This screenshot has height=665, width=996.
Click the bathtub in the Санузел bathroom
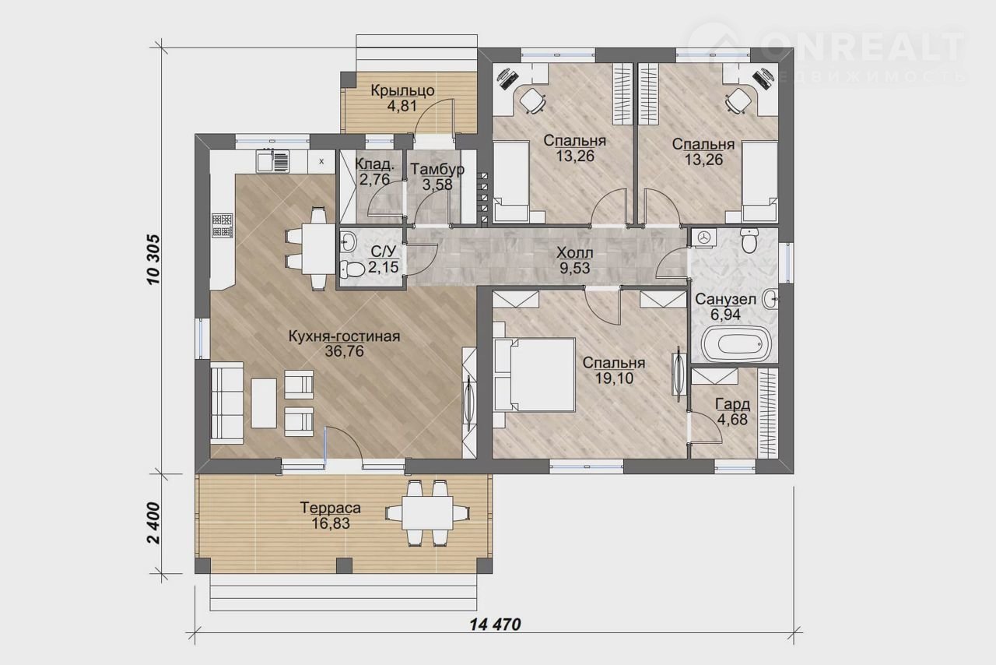[736, 345]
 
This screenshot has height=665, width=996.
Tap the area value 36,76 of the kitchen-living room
[344, 351]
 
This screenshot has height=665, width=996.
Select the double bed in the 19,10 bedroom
[535, 375]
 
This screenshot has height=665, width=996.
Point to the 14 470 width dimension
[496, 624]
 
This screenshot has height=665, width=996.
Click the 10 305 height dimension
[153, 259]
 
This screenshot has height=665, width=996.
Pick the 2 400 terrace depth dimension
[153, 523]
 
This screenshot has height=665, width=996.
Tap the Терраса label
[331, 508]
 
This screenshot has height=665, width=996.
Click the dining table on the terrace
[427, 513]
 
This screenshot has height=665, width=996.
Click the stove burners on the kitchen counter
[222, 225]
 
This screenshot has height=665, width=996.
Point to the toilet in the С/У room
[352, 269]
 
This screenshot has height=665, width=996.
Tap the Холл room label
[574, 253]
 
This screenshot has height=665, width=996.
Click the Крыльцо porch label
[402, 90]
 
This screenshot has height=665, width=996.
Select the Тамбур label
[437, 169]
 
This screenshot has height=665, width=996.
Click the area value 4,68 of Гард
[732, 419]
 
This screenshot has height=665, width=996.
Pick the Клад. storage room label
[375, 164]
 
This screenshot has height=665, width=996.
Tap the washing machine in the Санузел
[703, 237]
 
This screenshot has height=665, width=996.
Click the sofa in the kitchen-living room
[226, 403]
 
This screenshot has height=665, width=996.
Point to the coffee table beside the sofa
[264, 403]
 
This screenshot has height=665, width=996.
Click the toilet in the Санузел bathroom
[749, 241]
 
